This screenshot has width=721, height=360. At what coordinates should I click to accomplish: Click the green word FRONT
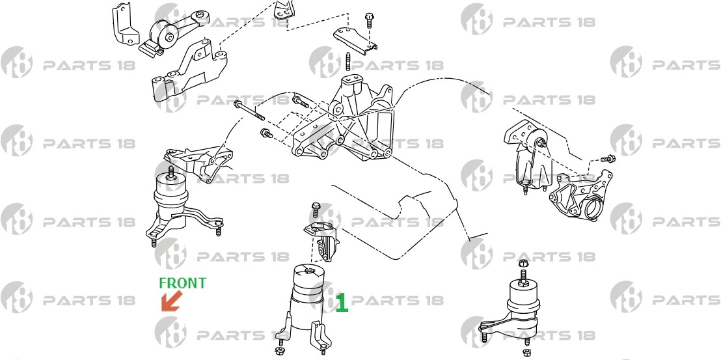coord(183,283)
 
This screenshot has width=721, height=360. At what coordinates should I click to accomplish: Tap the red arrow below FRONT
coord(171,301)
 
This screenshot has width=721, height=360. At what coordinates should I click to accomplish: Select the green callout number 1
coord(342,303)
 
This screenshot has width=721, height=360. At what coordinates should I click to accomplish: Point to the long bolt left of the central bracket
coord(249,111)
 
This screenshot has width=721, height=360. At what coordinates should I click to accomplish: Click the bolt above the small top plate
coord(369,21)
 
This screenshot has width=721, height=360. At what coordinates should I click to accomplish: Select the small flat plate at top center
coord(355,40)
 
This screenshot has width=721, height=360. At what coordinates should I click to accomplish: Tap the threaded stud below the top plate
coord(348,62)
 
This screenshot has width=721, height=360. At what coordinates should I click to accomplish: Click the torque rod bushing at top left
coord(165,34)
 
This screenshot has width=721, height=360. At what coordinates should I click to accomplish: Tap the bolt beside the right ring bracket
coord(608,159)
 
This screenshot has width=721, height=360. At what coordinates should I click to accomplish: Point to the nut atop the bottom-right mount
coord(523,264)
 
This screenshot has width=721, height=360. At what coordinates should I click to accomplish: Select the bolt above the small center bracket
coord(316,210)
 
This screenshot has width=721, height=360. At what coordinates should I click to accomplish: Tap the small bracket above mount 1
coord(323,240)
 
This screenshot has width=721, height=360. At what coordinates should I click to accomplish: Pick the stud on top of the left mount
coord(171,173)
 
